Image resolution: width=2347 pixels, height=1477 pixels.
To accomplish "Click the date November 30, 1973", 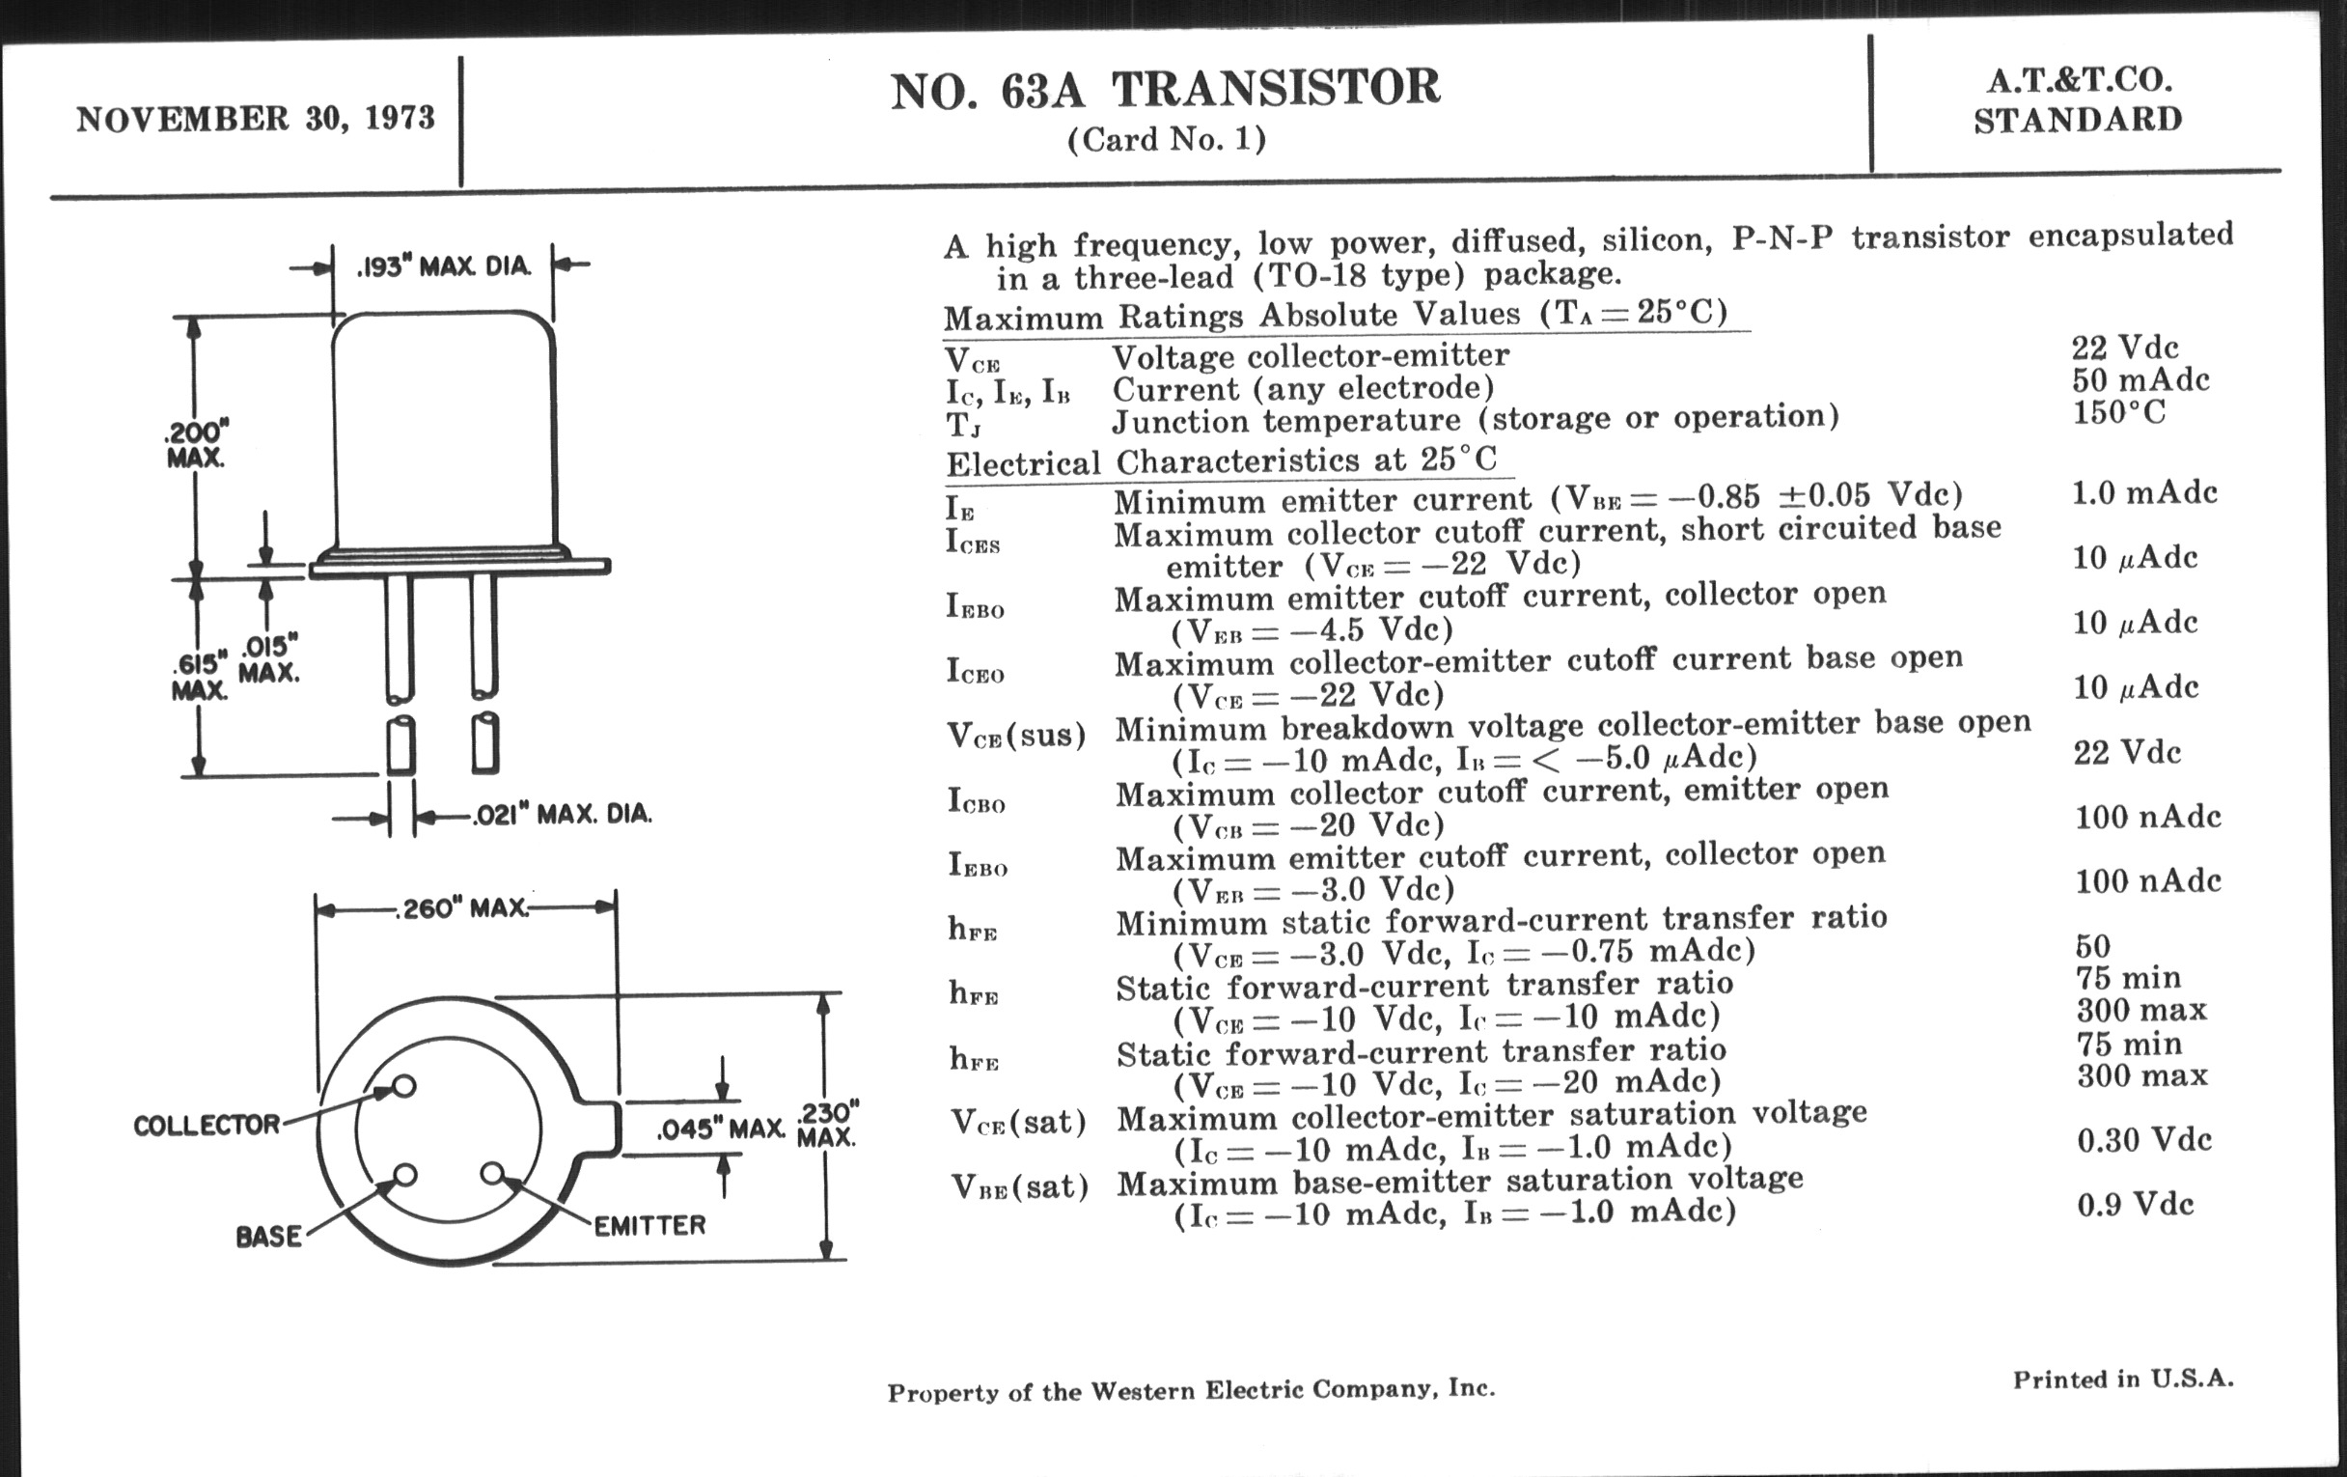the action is click(256, 119).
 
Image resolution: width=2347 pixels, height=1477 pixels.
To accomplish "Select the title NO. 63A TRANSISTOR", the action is click(1165, 89).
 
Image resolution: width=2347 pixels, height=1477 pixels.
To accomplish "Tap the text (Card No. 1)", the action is click(1166, 140).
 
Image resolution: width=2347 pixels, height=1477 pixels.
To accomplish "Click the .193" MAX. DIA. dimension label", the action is click(444, 265).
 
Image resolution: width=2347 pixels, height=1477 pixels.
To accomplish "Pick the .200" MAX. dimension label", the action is click(196, 444).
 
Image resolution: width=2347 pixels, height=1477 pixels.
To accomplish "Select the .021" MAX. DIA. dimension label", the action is click(563, 814).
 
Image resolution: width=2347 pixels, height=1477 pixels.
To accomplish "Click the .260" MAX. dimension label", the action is click(462, 908).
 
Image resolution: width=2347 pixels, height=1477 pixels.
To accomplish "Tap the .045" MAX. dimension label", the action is click(720, 1129).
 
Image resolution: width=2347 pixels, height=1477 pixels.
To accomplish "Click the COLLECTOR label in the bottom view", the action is click(207, 1125).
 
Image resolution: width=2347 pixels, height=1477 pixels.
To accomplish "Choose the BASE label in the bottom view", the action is click(268, 1237).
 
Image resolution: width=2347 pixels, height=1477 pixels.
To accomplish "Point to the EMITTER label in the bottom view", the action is click(649, 1225).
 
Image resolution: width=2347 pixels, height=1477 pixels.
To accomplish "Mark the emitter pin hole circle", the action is click(493, 1173).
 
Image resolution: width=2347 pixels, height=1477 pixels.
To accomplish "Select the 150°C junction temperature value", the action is click(2119, 412).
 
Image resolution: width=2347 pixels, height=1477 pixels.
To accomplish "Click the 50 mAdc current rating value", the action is click(2140, 379).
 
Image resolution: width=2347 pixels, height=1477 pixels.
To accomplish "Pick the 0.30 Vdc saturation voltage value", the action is click(2144, 1140).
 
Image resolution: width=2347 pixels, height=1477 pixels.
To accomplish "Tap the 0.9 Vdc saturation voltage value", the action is click(2136, 1205).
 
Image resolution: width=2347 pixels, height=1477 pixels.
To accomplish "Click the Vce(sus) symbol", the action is click(1016, 734).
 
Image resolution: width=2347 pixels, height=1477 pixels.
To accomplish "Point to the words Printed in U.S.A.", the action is click(2124, 1379).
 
